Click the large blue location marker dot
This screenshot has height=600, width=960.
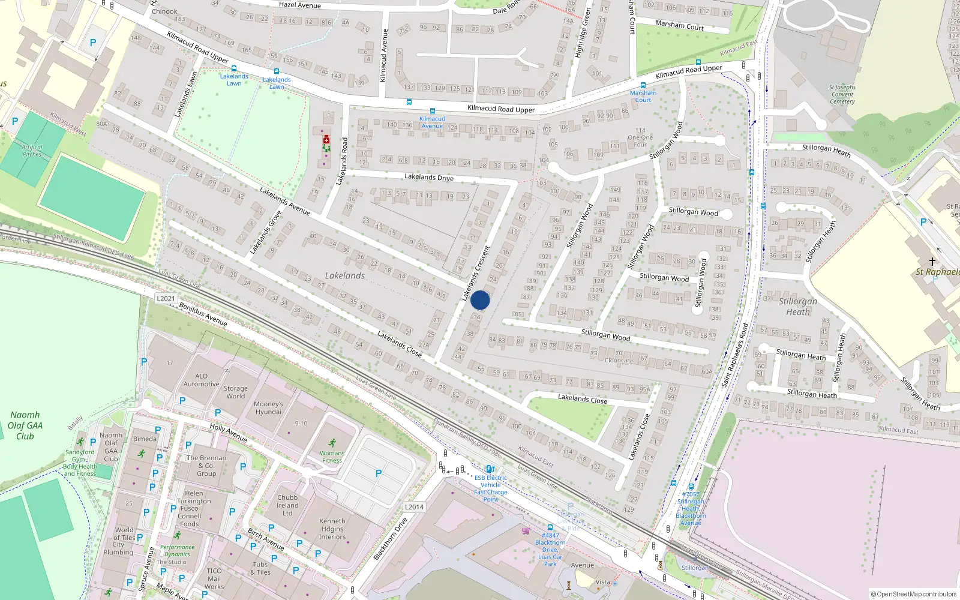(480, 300)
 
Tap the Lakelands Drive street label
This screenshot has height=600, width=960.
(428, 177)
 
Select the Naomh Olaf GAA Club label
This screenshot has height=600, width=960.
(25, 425)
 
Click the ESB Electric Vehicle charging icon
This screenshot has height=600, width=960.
(490, 470)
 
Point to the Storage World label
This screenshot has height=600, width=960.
(235, 392)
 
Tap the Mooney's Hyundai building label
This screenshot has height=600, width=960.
(268, 408)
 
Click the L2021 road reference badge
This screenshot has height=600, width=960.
(166, 298)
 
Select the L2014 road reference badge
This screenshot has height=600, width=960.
(414, 507)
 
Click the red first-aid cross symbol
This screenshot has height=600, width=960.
(326, 140)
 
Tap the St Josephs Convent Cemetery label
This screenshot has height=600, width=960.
(842, 94)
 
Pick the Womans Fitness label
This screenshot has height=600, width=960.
(332, 457)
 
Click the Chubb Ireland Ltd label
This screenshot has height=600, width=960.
(287, 505)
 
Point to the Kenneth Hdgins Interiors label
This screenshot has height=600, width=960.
(332, 529)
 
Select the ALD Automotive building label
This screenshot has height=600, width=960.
(201, 380)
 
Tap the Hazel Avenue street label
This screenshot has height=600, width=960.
(300, 5)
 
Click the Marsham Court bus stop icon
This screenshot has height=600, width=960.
(643, 85)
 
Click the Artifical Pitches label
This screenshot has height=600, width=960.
(32, 151)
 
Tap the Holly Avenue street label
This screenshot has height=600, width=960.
(229, 433)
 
